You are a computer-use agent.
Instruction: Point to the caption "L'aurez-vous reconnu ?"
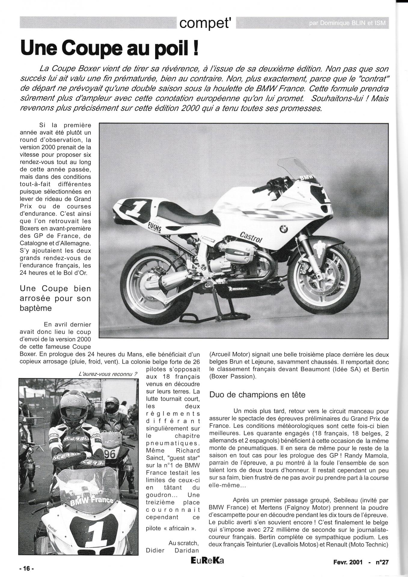pos(108,374)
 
